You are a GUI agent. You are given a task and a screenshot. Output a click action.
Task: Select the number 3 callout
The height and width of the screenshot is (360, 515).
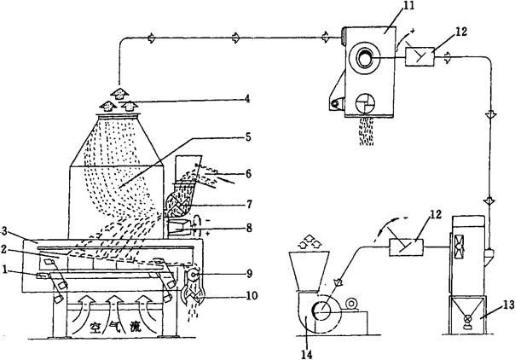(6, 229)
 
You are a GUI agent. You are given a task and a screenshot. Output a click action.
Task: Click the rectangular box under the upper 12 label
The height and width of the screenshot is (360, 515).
(426, 57)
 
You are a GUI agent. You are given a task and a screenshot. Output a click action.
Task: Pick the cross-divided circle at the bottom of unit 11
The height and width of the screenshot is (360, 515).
(364, 101)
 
